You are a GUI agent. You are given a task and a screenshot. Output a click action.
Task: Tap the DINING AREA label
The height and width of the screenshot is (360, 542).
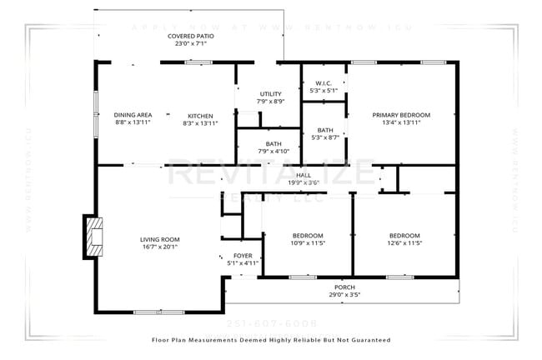tap(133, 115)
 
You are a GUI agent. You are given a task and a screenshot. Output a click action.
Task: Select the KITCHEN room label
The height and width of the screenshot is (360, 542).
tap(200, 115)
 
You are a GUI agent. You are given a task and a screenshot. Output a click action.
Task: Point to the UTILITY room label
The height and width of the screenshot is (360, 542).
tap(271, 93)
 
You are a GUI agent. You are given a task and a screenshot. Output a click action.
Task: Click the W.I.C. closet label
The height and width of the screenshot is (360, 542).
tap(324, 82)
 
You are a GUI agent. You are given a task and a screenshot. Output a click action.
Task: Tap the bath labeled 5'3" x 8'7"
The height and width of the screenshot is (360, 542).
tap(324, 130)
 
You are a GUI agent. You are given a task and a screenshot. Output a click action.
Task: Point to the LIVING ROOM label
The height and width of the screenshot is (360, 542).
tap(158, 239)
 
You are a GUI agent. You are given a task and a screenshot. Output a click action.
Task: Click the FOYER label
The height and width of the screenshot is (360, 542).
tap(243, 256)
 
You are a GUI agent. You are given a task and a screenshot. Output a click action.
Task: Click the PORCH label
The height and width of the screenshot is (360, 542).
tap(344, 287)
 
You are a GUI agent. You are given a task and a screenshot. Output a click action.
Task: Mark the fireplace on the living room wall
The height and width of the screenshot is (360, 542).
tap(93, 237)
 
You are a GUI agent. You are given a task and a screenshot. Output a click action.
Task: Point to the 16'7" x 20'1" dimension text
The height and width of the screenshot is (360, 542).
tap(158, 247)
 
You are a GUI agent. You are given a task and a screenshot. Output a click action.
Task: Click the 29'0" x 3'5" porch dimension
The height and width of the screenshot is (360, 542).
tap(344, 294)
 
